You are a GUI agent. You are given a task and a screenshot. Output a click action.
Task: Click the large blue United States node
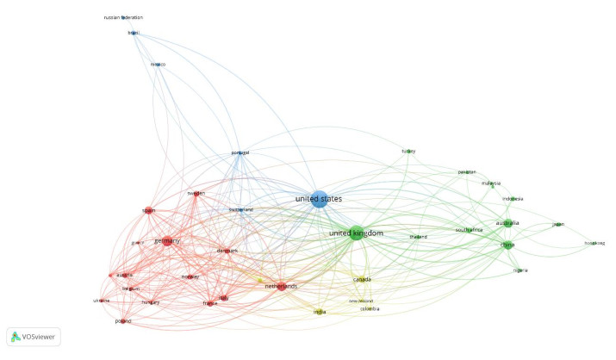pyautogui.click(x=318, y=199)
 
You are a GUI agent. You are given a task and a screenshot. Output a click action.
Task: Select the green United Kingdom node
pyautogui.click(x=356, y=233)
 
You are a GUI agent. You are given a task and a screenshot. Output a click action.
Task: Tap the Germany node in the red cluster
pyautogui.click(x=166, y=242)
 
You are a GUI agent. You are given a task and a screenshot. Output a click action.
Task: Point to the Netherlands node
pyautogui.click(x=281, y=286)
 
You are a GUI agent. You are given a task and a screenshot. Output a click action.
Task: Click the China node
pyautogui.click(x=508, y=245)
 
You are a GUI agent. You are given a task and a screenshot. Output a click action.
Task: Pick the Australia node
pyautogui.click(x=507, y=224)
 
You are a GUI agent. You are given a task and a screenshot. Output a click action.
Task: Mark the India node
pyautogui.click(x=320, y=312)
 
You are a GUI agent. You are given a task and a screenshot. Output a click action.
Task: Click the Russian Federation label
pyautogui.click(x=123, y=17)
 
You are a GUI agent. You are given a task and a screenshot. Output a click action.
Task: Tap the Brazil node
pyautogui.click(x=134, y=34)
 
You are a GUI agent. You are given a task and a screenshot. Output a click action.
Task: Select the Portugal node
pyautogui.click(x=240, y=152)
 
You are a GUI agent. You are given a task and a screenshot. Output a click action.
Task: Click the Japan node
pyautogui.click(x=557, y=225)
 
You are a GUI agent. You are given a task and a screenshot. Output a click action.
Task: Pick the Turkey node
pyautogui.click(x=408, y=152)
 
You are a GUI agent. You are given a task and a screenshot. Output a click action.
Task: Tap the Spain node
pyautogui.click(x=147, y=210)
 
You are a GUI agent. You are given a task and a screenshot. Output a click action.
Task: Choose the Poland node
pyautogui.click(x=121, y=320)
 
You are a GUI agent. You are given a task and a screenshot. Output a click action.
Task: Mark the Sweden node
pyautogui.click(x=196, y=194)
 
